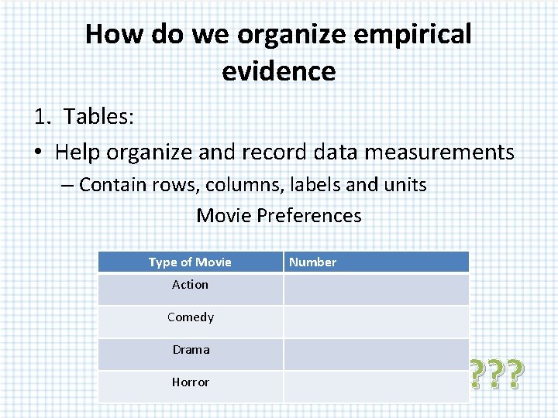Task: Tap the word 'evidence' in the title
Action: (279, 71)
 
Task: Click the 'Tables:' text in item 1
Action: (99, 116)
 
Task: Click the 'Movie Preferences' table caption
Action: (279, 215)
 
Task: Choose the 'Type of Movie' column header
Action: (190, 262)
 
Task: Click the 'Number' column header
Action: (312, 262)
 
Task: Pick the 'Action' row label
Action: (191, 285)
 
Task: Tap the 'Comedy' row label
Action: (191, 317)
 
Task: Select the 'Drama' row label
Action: (191, 350)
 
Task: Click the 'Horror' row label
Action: (191, 382)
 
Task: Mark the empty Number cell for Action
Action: (376, 290)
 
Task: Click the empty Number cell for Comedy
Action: (376, 321)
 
